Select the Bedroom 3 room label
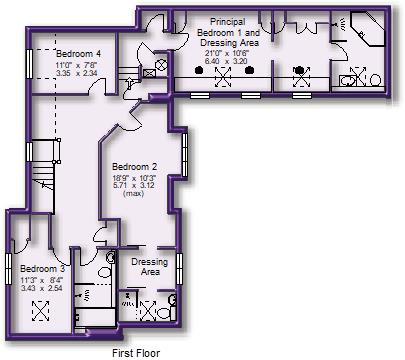[43, 269]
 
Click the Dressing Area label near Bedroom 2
[149, 266]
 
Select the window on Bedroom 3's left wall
[9, 270]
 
